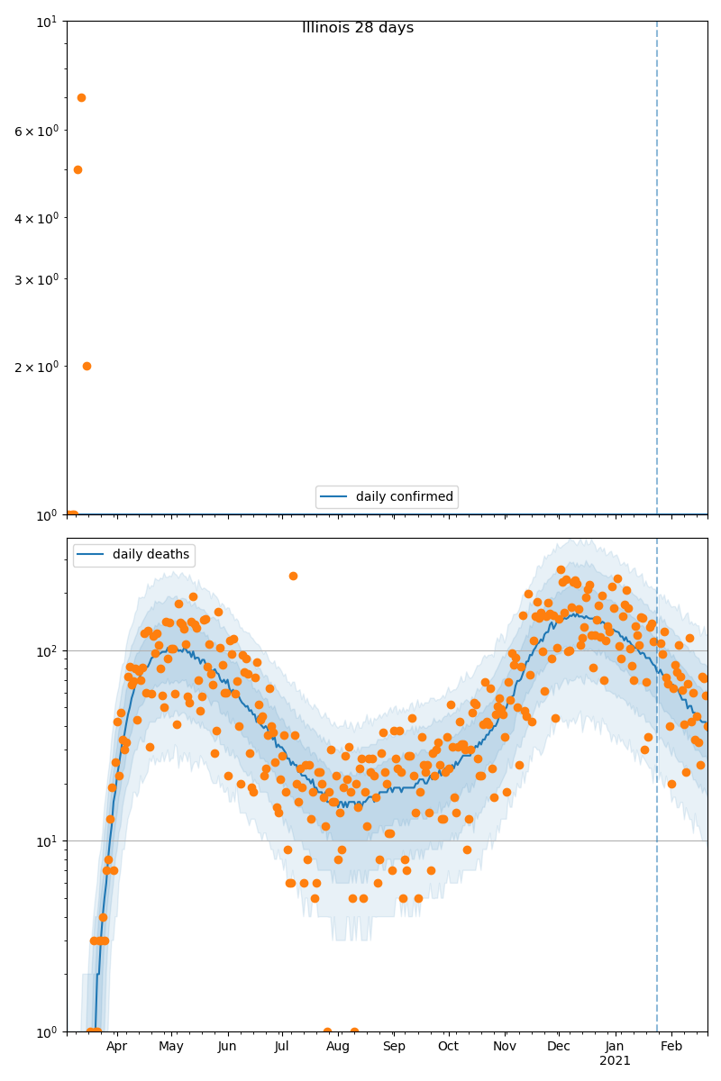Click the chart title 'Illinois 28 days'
coord(358,28)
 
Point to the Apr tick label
coord(116,1047)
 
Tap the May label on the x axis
coord(170,1047)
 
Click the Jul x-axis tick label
coord(281,1047)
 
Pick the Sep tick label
coord(394,1047)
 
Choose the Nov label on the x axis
coord(505,1047)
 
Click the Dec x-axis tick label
coord(559,1047)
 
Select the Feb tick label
coord(671,1047)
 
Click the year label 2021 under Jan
coord(616,1061)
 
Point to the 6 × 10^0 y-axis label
coord(36,131)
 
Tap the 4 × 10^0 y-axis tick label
coord(36,217)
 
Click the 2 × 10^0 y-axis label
coord(36,367)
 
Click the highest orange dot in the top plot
coord(81,97)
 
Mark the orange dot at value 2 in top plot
coord(87,366)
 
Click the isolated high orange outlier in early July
coord(293,576)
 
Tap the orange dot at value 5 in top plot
coord(78,169)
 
